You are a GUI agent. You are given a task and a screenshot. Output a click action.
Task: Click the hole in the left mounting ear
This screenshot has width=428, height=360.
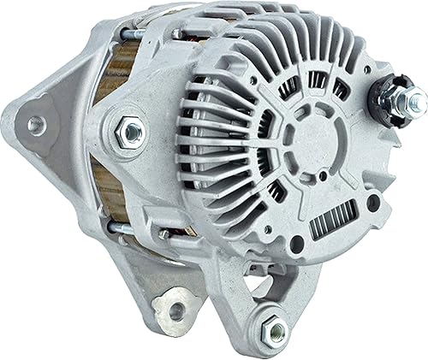coord(37,125)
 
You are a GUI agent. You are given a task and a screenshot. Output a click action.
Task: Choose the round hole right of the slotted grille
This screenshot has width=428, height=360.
coord(373,204)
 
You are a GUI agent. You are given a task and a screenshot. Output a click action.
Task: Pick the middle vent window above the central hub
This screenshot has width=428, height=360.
coord(317,80)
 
